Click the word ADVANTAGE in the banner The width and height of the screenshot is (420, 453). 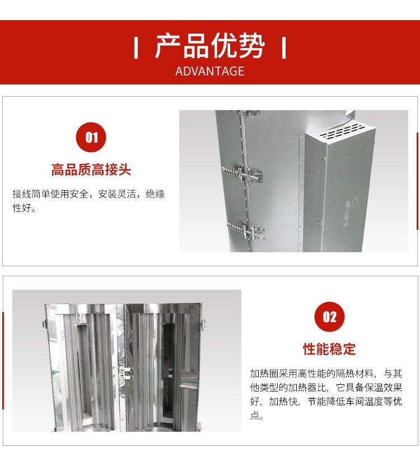click(x=209, y=72)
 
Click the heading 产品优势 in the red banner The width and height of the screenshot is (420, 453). click(x=209, y=46)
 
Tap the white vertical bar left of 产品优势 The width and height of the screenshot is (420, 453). click(x=136, y=48)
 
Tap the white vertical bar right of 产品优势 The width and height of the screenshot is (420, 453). click(x=284, y=48)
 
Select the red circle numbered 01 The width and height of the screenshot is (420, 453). click(x=91, y=137)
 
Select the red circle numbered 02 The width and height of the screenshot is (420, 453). click(x=329, y=317)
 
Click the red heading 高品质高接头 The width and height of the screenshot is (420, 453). click(x=91, y=169)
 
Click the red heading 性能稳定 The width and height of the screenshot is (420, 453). click(x=329, y=349)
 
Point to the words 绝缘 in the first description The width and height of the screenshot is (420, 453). click(x=155, y=194)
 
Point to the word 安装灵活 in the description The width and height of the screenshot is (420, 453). click(x=117, y=194)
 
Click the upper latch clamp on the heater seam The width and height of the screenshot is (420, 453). click(x=242, y=174)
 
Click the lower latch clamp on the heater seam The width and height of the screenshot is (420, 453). click(x=246, y=231)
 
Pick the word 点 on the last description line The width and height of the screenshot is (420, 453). click(x=255, y=415)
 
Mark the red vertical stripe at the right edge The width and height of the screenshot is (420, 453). click(x=418, y=181)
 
